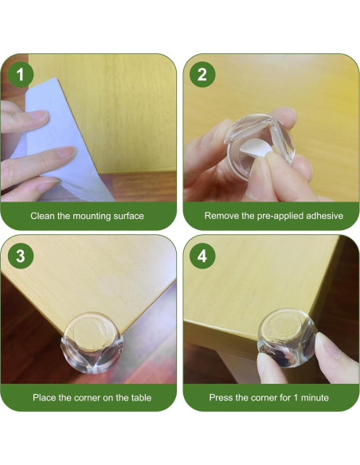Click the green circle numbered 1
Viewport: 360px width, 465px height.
click(20, 74)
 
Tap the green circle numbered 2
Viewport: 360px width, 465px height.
click(202, 74)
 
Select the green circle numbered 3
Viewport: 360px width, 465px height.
click(20, 256)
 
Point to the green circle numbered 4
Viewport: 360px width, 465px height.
click(202, 256)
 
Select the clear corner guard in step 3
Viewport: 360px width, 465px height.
click(92, 343)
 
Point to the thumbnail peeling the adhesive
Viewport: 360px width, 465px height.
click(259, 178)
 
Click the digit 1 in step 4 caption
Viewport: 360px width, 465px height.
click(295, 397)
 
